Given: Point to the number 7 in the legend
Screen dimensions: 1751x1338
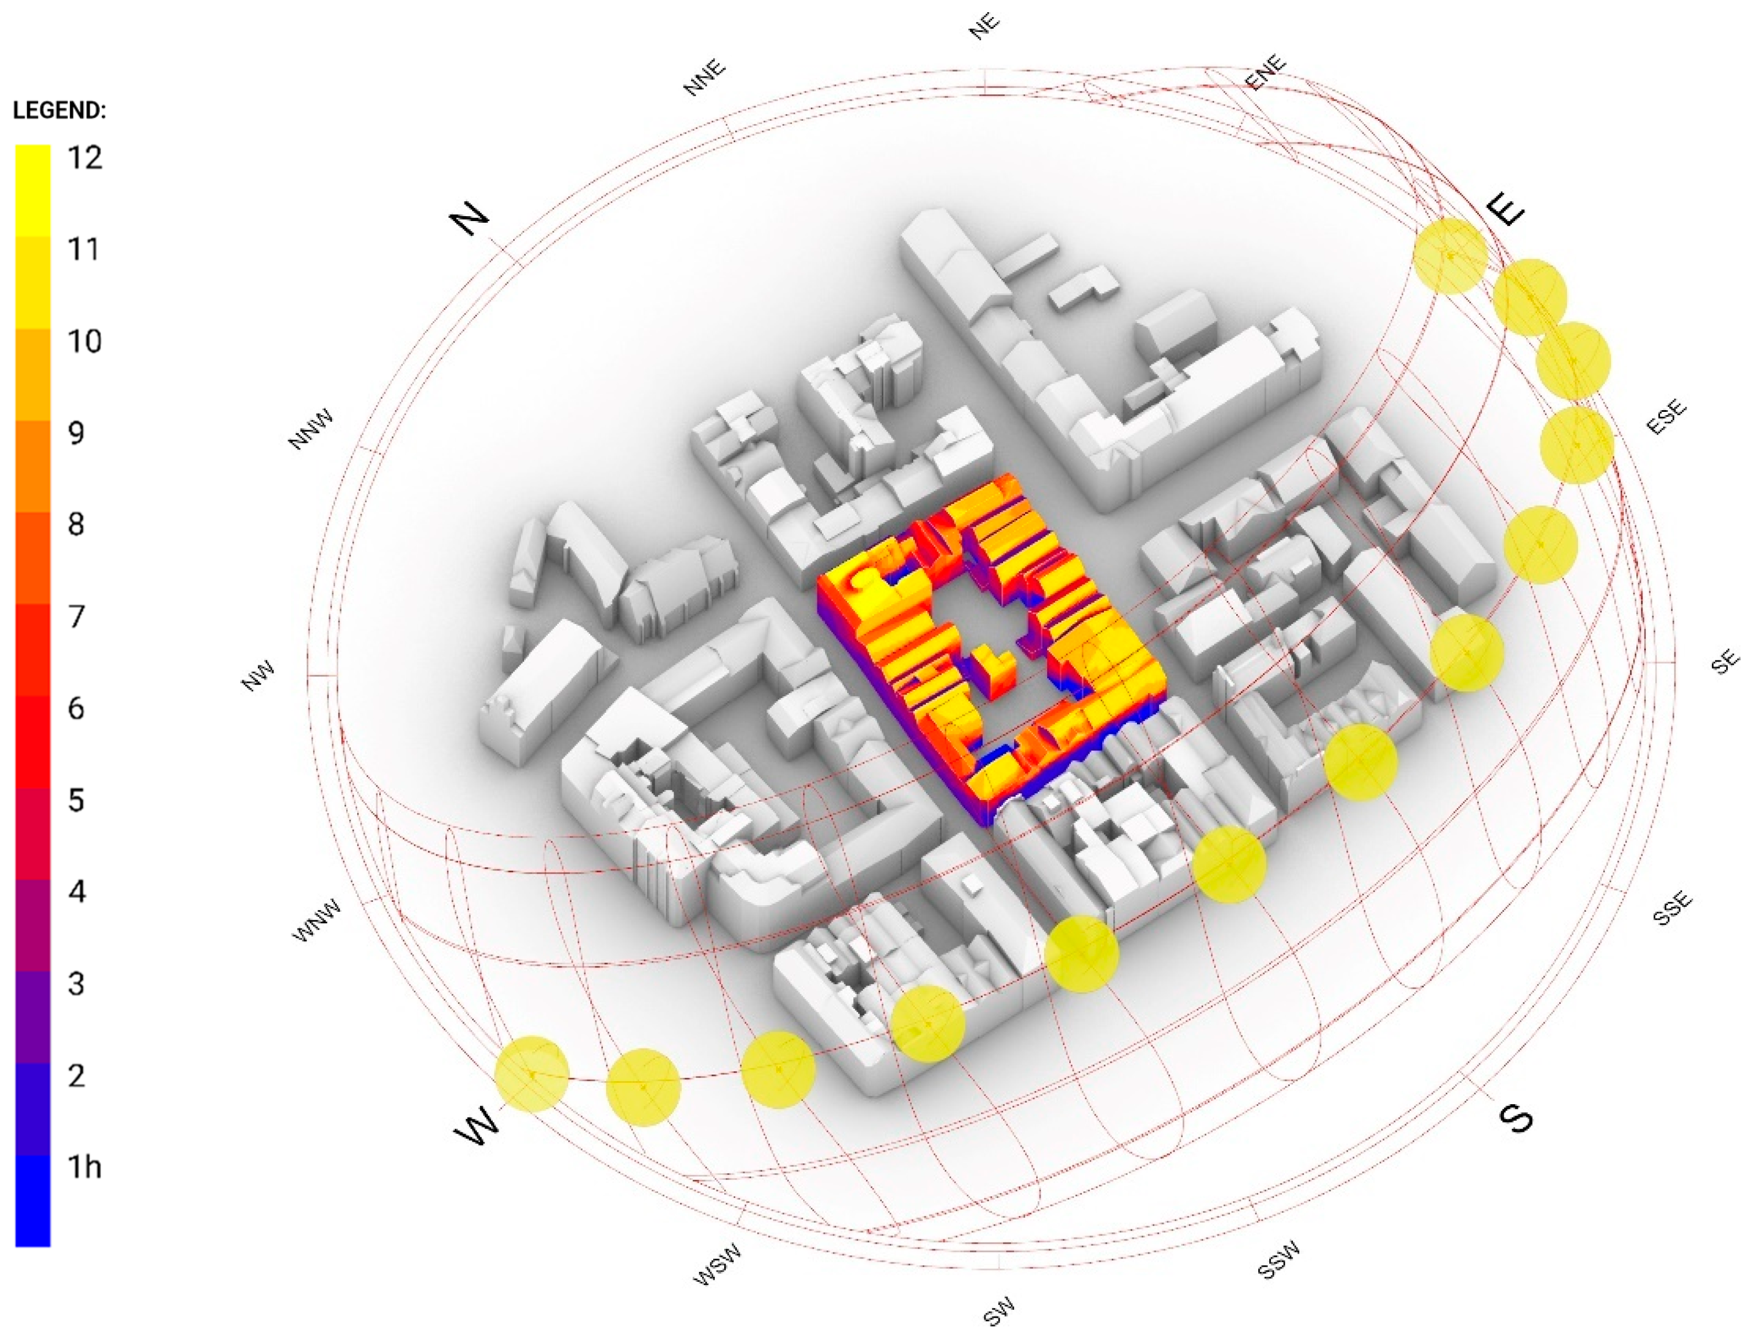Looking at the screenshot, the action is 77,616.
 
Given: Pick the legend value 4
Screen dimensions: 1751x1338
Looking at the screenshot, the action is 77,891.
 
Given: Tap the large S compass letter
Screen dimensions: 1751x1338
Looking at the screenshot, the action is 1515,1118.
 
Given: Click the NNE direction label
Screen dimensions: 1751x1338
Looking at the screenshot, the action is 705,77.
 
